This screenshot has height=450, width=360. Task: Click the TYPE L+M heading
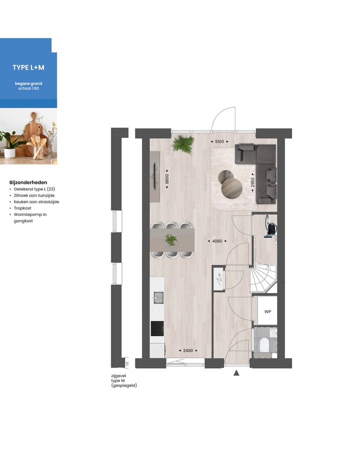(28, 67)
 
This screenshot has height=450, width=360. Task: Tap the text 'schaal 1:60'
(28, 88)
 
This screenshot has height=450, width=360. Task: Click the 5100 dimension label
(219, 142)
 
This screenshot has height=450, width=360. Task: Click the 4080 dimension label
(216, 241)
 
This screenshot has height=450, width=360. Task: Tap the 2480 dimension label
(188, 350)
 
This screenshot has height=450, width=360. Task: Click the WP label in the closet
(267, 311)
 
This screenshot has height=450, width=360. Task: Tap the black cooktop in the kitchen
(157, 328)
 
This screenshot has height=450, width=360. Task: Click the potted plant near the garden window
(182, 144)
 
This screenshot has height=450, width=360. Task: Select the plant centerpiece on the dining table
(171, 240)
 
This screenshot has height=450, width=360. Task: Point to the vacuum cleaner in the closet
(270, 227)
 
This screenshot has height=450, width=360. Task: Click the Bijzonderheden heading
(28, 182)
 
